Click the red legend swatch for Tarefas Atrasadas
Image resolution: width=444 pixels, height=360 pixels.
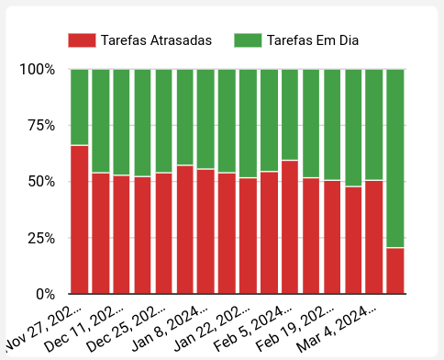[82, 40]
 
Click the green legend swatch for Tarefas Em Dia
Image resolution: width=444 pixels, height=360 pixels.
[248, 40]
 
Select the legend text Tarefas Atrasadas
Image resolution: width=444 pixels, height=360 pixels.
[157, 40]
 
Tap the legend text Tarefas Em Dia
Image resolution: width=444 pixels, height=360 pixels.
[313, 40]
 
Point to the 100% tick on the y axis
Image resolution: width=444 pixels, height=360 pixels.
[38, 70]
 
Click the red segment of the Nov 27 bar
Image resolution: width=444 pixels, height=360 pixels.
[80, 219]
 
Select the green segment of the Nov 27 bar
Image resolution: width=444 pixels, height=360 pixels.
[80, 107]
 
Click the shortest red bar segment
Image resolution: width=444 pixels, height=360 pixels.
[395, 271]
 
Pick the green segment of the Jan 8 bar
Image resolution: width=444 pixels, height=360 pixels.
[205, 118]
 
